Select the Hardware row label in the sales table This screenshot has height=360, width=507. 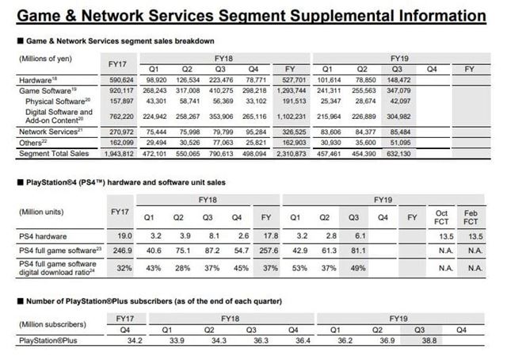(x=33, y=81)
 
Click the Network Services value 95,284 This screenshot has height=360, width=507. (x=256, y=131)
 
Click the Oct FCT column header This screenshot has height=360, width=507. (x=443, y=217)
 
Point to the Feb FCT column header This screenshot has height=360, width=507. (x=475, y=217)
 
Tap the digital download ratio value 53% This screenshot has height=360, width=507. (x=301, y=268)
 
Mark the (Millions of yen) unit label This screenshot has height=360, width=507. (x=44, y=59)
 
